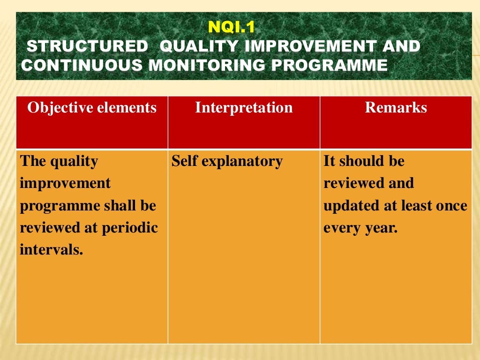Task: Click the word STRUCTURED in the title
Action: tap(87, 46)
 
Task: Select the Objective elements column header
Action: tap(92, 108)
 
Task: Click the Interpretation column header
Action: tap(244, 108)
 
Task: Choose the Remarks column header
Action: tap(396, 108)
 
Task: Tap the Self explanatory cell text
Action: tap(227, 161)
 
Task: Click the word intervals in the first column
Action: tap(51, 249)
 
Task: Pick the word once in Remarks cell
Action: tap(451, 205)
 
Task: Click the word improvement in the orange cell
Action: tap(65, 183)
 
